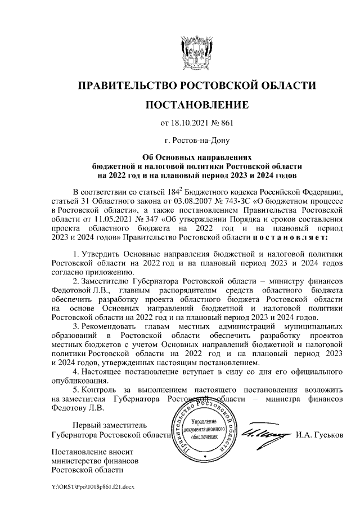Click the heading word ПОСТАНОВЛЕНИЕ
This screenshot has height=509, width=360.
click(x=196, y=105)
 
